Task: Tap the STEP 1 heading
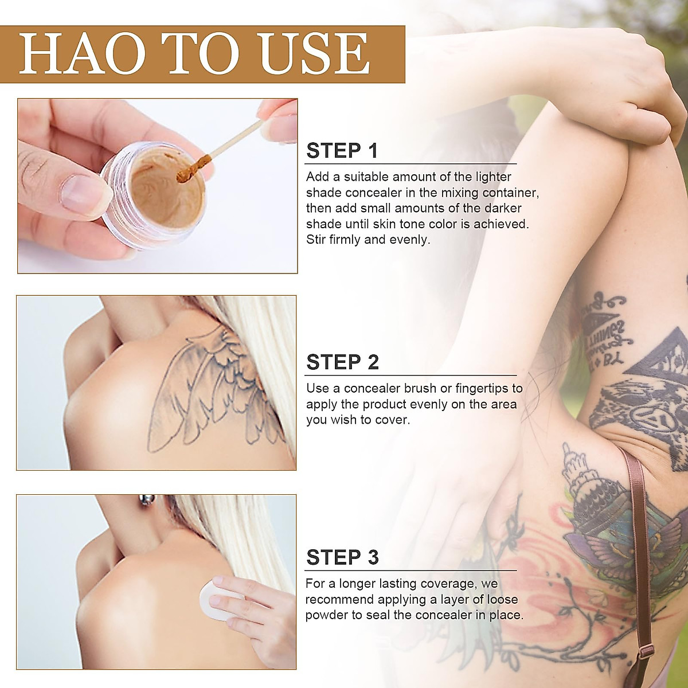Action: click(342, 151)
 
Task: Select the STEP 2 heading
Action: click(342, 362)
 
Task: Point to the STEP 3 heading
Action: click(342, 557)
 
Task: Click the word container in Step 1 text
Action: click(510, 193)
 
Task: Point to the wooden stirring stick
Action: click(229, 143)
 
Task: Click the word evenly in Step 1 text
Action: click(409, 240)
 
